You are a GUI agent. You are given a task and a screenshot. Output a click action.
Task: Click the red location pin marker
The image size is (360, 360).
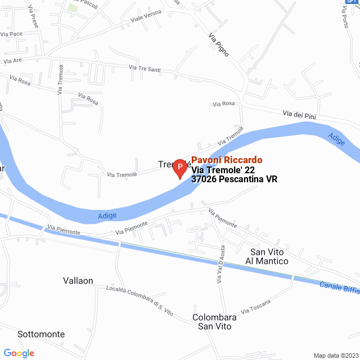coord(179,168)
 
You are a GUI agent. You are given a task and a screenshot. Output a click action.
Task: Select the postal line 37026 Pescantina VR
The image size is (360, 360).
coord(235,179)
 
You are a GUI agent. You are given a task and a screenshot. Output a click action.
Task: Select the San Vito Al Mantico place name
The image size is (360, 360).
coord(267,256)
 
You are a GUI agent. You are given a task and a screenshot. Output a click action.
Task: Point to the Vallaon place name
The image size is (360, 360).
coord(78,281)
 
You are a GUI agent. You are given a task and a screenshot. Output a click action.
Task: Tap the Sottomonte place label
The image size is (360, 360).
coord(41,334)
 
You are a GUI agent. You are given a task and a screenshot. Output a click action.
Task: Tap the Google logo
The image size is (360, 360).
coord(19,353)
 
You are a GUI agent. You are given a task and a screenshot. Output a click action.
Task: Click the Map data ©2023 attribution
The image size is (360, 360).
coord(335,355)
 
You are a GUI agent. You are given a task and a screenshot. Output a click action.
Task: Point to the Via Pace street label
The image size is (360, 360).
coord(11,34)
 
